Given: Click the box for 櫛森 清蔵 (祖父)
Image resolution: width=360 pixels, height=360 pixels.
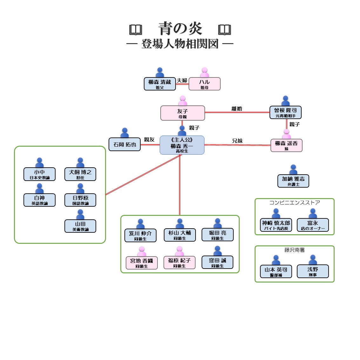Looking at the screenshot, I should tap(160, 84).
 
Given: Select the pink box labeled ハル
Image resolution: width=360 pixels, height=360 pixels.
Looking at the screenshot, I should tap(204, 84).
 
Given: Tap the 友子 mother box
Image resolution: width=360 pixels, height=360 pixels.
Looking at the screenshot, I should tap(183, 113).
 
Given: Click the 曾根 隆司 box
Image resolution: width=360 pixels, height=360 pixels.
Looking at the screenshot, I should tap(285, 112).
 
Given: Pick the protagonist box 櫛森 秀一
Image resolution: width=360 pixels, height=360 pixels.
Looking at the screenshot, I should tap(182, 145).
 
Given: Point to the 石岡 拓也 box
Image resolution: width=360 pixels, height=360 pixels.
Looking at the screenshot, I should tap(124, 144).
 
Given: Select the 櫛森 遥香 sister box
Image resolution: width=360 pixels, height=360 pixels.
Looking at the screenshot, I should tap(286, 145).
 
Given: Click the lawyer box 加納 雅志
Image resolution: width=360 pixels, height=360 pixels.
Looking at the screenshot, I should tap(293, 181).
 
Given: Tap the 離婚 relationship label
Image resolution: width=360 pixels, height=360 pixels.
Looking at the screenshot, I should tap(237, 109).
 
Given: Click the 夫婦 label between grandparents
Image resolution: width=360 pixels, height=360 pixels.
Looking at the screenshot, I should tap(182, 80).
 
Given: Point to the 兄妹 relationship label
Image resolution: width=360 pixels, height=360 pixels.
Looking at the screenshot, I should tap(237, 141).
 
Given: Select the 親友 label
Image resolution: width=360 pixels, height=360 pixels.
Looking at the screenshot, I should tap(149, 139).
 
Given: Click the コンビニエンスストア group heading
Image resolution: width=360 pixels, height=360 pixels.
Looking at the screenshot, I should tap(295, 203).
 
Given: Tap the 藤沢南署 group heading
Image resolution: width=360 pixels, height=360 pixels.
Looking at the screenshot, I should tap(295, 250).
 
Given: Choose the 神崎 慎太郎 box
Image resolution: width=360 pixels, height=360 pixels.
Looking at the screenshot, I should tap(276, 225).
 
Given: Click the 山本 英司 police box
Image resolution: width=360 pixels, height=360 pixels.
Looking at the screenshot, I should tap(276, 272).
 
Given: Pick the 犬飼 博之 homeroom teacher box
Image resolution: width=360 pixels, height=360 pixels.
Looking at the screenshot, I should tap(80, 174).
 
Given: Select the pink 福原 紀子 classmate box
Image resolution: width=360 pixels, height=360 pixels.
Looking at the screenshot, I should tap(179, 263).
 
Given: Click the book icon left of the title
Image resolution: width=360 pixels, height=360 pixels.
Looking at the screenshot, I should tap(136, 30).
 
